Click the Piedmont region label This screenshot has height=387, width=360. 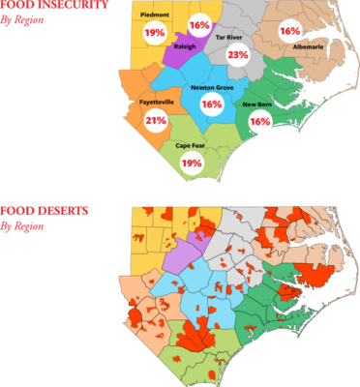pos(154,15)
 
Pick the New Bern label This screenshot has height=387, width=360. pos(256,104)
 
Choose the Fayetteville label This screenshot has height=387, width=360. pos(154,100)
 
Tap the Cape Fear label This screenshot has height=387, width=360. pos(191,145)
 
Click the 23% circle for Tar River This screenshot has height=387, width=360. pos(237,55)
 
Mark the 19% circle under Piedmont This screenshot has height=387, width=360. pos(154,32)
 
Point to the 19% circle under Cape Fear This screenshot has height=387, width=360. pos(191,163)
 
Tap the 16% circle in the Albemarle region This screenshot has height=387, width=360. pos(288,31)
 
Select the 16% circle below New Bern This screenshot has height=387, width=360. pos(258,122)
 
